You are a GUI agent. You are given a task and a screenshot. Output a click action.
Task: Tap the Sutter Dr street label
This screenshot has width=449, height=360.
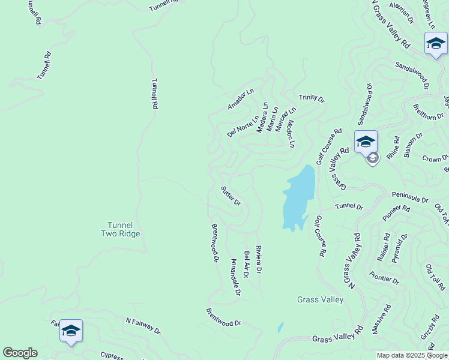[231, 196]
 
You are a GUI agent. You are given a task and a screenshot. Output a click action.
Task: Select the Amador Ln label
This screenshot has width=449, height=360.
[241, 100]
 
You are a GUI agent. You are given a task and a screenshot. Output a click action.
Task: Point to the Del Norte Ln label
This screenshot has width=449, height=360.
[243, 127]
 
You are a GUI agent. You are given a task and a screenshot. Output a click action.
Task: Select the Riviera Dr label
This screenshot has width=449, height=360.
[259, 260]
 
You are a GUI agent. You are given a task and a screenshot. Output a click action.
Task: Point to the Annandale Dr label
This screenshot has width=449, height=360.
[235, 277]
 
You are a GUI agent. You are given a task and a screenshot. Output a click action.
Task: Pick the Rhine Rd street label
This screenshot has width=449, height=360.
[394, 151]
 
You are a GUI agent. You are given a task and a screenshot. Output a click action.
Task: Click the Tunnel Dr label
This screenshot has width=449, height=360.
[349, 207]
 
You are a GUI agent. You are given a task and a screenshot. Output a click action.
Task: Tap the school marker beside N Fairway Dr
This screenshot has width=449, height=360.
[71, 331]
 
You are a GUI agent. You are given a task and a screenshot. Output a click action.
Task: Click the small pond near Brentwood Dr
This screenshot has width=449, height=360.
[280, 328]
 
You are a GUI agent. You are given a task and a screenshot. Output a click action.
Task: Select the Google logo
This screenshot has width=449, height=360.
[19, 353]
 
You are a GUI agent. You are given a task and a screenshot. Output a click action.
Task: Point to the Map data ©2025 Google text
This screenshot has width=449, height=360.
[412, 355]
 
